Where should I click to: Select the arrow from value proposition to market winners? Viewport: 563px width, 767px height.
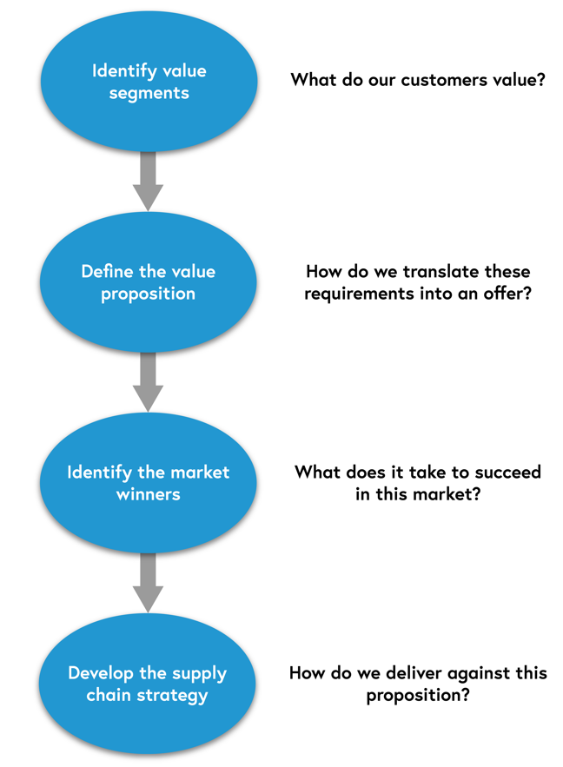(149, 380)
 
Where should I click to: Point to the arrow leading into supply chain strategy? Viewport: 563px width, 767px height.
(149, 580)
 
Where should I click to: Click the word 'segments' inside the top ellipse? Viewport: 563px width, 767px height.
(149, 93)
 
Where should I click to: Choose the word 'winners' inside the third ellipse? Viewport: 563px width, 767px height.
(149, 494)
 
